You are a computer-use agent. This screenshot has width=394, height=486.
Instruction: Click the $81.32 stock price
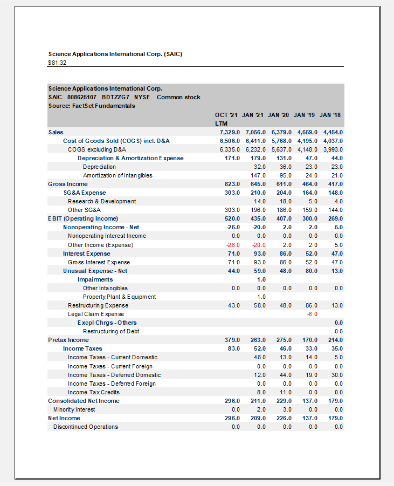[57, 63]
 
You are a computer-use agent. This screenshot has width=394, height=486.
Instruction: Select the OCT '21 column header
[226, 115]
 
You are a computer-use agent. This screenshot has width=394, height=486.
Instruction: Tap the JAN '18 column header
[330, 115]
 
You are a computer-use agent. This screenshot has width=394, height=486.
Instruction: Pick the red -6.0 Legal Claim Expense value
[312, 314]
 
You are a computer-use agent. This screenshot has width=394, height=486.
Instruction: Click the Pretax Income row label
[68, 340]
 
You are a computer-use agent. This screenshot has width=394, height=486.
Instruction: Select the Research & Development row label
[102, 201]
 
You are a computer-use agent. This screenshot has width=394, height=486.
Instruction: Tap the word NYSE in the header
[142, 97]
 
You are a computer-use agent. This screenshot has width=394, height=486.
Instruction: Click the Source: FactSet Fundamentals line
[92, 106]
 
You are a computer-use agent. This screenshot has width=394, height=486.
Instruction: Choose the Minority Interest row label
[74, 409]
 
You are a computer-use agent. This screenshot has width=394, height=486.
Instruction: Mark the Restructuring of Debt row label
[112, 331]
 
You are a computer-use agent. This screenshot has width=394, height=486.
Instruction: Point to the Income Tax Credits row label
[94, 392]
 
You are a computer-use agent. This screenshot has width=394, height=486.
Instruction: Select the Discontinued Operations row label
[85, 427]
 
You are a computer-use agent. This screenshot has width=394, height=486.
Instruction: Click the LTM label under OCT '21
[221, 124]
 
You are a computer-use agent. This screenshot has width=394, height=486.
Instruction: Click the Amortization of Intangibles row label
[117, 175]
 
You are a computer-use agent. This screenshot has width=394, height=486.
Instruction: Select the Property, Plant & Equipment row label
[119, 297]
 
